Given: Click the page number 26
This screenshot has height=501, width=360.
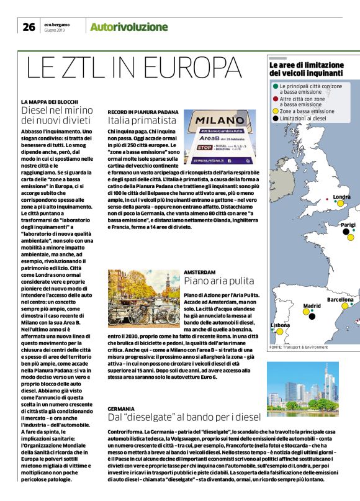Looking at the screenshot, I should click(29, 27).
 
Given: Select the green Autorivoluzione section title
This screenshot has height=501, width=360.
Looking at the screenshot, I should click(128, 27).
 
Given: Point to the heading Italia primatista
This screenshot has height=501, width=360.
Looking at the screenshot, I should click(142, 119).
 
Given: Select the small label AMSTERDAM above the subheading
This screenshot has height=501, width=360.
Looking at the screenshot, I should click(199, 271).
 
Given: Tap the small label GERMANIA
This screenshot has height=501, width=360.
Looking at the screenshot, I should click(120, 408).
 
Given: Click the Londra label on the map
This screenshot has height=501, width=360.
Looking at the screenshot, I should click(342, 197).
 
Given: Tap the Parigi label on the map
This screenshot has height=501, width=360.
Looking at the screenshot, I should click(348, 224).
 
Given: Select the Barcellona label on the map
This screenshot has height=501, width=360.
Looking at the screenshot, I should click(340, 299).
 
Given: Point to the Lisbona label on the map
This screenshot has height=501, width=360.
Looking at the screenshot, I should click(280, 325).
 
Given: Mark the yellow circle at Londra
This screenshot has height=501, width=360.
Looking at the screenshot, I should click(340, 204).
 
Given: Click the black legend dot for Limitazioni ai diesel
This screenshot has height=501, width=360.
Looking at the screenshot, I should click(275, 117).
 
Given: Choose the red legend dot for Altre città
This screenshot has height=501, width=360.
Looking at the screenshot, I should click(275, 98).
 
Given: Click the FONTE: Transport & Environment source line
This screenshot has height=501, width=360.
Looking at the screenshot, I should click(297, 347).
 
